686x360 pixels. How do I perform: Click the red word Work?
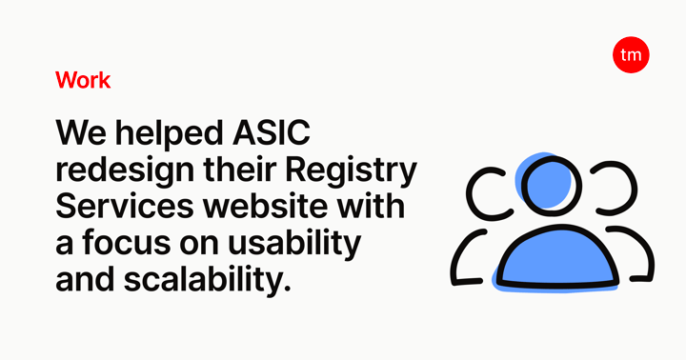[x=83, y=80]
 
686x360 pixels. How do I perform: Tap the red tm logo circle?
[x=631, y=54]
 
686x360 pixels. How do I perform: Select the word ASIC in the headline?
[x=272, y=132]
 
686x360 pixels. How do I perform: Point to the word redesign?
[x=125, y=170]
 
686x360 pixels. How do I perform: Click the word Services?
[x=125, y=206]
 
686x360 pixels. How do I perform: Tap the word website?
[x=265, y=206]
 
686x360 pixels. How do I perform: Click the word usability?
[x=294, y=244]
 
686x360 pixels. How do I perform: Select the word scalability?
[x=207, y=280]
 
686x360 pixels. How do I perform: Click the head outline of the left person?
[x=471, y=192]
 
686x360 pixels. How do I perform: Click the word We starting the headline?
[x=81, y=133]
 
